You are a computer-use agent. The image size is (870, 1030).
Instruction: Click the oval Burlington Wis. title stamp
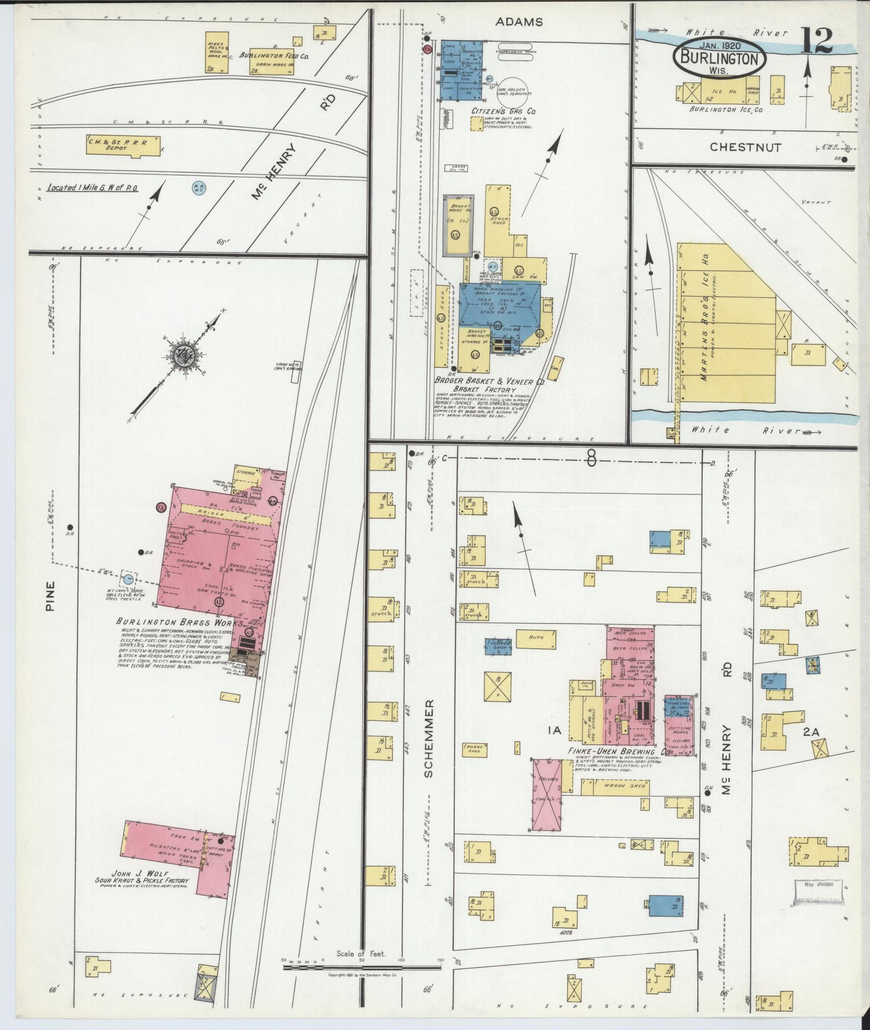point(720,58)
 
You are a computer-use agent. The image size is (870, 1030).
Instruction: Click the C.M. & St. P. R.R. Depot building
point(123,146)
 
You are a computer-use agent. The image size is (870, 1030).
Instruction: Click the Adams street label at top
point(518,22)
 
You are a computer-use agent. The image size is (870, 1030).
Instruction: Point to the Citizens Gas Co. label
point(504,111)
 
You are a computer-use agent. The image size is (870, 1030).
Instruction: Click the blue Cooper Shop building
point(499,646)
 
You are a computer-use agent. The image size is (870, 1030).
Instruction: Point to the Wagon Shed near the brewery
point(616,786)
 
